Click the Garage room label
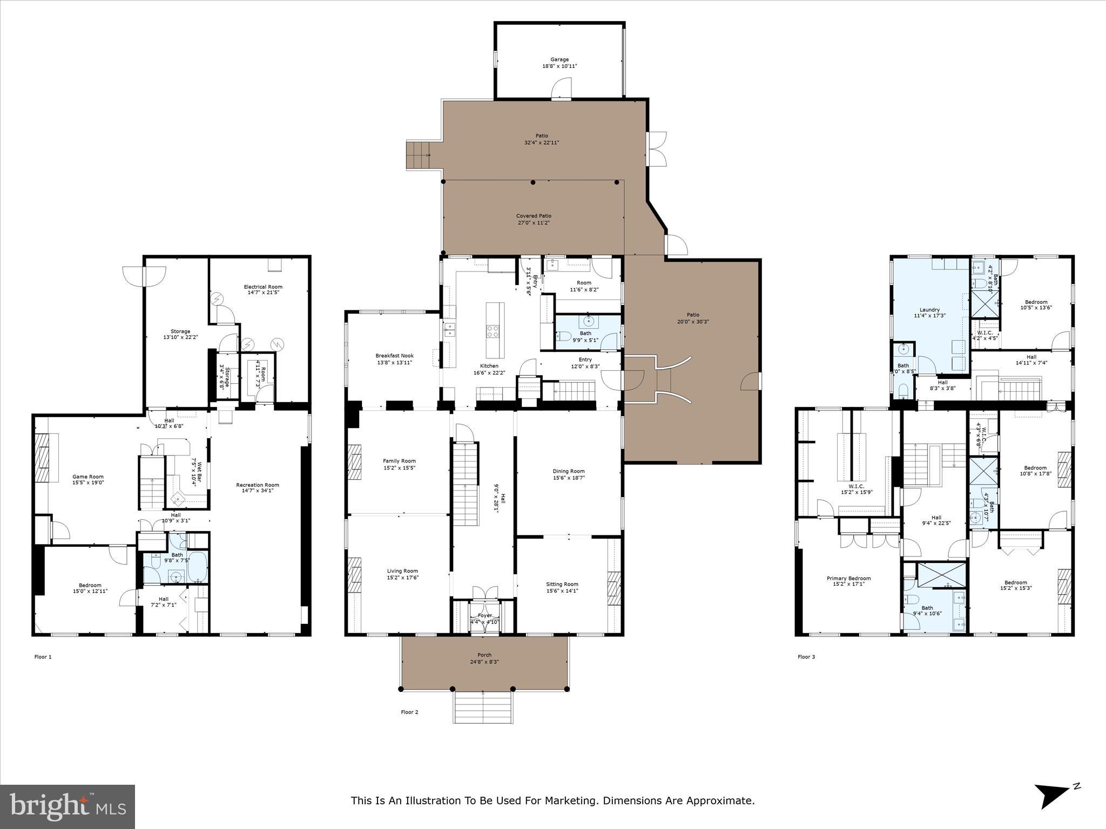559,60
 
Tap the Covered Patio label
534,216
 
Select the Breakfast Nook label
394,356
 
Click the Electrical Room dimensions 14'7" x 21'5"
263,293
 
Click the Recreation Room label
258,485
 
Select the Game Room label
88,477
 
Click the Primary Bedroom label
848,578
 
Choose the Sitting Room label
562,584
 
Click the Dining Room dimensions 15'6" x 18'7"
569,478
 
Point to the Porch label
484,655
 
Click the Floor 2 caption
409,712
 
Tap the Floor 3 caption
806,657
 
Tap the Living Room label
402,571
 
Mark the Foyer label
484,615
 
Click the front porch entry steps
482,708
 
